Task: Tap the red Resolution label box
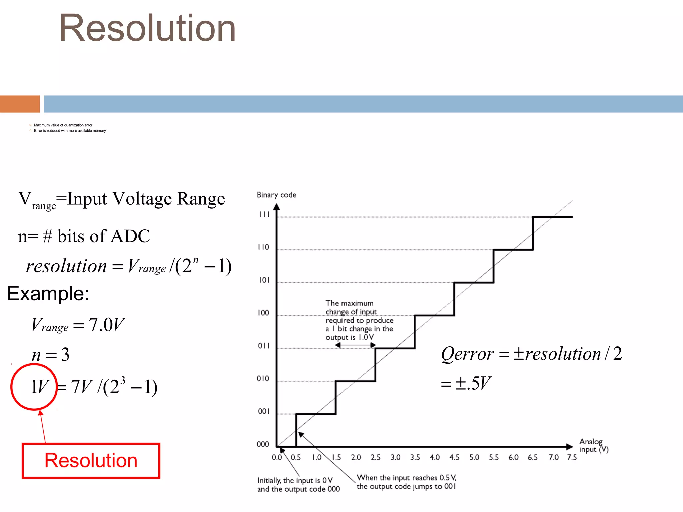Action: point(91,461)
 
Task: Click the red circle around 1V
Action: point(34,387)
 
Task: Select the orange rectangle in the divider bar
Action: point(20,104)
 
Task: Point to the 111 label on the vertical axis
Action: point(264,214)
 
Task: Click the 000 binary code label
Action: point(263,444)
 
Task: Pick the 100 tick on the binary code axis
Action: point(263,313)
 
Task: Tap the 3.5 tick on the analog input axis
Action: point(415,457)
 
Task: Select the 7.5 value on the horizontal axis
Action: point(572,457)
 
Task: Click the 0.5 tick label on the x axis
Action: point(296,457)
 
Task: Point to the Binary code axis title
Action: point(276,195)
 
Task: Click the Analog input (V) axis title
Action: point(594,446)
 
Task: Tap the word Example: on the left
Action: point(48,294)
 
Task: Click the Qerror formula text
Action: point(531,354)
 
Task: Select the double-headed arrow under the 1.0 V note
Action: point(355,345)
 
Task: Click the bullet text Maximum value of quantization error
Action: point(63,125)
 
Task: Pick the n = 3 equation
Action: point(51,355)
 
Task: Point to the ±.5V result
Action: point(466,383)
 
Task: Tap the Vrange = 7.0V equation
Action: point(78,325)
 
